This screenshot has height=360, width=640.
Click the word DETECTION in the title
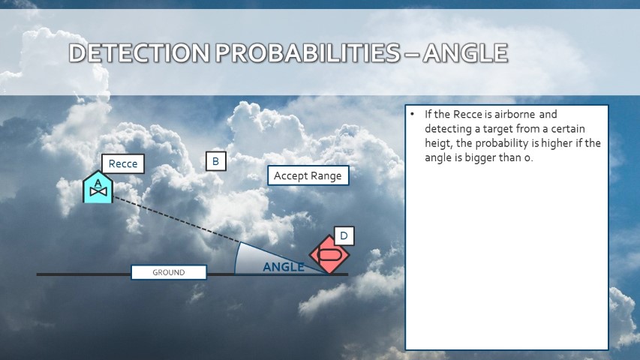pyautogui.click(x=139, y=53)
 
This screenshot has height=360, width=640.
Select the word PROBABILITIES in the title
pyautogui.click(x=308, y=53)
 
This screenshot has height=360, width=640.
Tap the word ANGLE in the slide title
pyautogui.click(x=466, y=53)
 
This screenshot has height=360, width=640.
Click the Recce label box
pyautogui.click(x=123, y=163)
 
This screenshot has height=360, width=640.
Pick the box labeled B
pyautogui.click(x=216, y=161)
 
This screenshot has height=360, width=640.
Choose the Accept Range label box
pyautogui.click(x=308, y=175)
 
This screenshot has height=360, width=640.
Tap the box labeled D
pyautogui.click(x=344, y=236)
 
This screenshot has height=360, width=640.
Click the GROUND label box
pyautogui.click(x=169, y=272)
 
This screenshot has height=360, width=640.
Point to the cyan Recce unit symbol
pyautogui.click(x=98, y=187)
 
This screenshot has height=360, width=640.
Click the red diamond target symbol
pyautogui.click(x=329, y=254)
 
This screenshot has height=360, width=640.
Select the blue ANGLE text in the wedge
pyautogui.click(x=284, y=267)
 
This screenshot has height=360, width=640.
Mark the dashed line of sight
pyautogui.click(x=176, y=220)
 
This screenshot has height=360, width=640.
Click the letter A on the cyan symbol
pyautogui.click(x=98, y=183)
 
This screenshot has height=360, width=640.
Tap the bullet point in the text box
pyautogui.click(x=413, y=114)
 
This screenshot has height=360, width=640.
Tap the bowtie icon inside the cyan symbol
pyautogui.click(x=98, y=191)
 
